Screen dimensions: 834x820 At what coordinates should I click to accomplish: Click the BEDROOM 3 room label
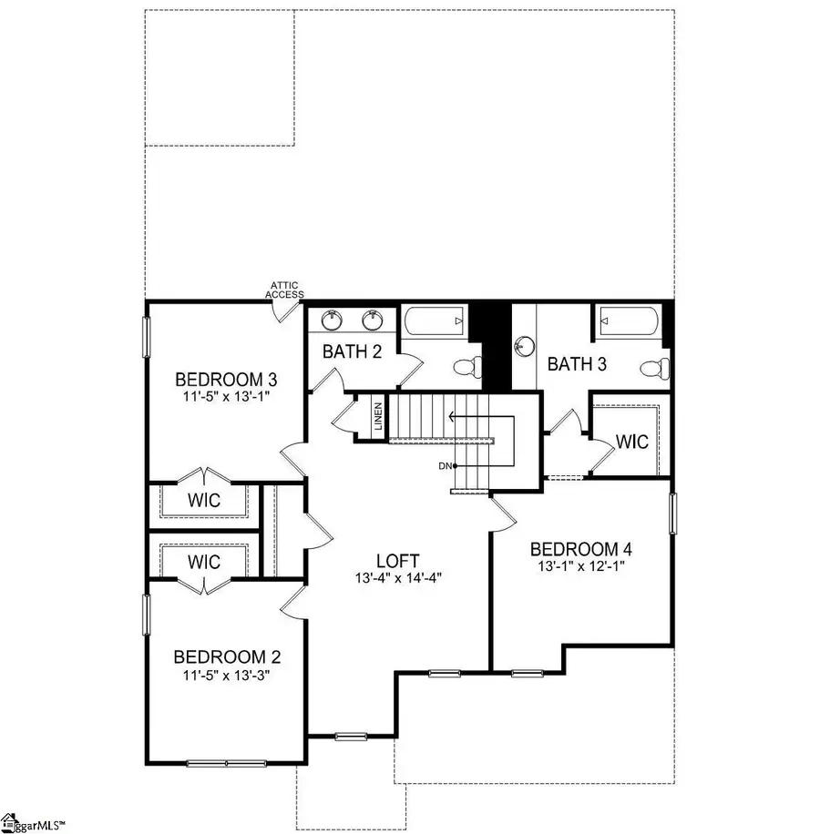click(x=212, y=379)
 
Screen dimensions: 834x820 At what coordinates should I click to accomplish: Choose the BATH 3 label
click(x=578, y=364)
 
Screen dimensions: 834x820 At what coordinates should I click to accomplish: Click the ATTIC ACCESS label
click(x=284, y=290)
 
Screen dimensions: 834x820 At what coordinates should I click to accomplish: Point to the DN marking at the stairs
click(x=446, y=466)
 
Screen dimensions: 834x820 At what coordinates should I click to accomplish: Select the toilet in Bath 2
click(x=464, y=366)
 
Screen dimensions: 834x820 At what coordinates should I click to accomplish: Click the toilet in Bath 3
click(x=651, y=367)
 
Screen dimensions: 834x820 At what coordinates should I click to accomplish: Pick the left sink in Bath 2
click(x=331, y=320)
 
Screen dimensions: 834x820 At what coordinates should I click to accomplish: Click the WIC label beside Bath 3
click(x=631, y=442)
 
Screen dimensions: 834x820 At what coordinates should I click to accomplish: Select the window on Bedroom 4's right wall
click(x=673, y=514)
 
